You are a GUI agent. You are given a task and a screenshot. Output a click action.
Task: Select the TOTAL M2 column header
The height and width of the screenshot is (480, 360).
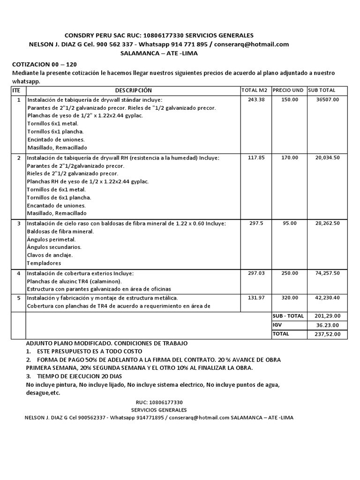point(255,90)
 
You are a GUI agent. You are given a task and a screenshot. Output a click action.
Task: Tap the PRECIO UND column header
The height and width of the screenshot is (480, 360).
point(288,90)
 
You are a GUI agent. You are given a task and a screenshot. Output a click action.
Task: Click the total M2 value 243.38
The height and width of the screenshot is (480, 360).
point(256,99)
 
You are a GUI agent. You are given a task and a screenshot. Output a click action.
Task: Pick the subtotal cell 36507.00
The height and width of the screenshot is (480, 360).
point(328,99)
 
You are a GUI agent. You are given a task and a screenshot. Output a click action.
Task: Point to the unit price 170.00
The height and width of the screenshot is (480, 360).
point(289,157)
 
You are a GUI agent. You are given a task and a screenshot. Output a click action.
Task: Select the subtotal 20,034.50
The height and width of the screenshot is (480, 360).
point(328,157)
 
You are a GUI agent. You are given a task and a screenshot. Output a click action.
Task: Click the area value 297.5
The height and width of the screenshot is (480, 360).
point(256,224)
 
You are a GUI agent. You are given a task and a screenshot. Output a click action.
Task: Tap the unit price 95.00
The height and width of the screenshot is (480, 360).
point(289,224)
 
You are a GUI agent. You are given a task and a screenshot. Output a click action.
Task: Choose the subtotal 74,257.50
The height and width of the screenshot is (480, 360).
point(328,273)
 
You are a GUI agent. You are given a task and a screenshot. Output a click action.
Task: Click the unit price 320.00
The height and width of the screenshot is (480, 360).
point(289,297)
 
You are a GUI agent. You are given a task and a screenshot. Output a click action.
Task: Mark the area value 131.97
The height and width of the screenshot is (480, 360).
point(256,297)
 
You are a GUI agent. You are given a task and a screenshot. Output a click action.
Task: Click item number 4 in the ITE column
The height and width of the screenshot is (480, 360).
point(19,273)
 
